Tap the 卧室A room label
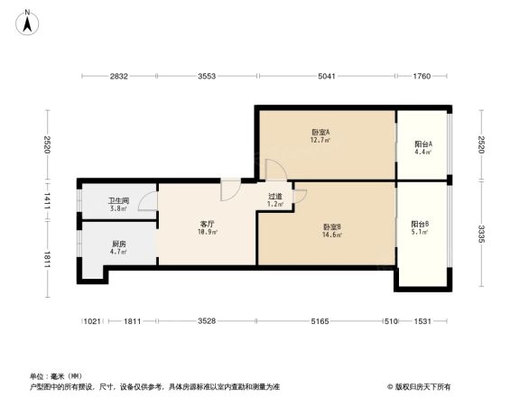click(x=320, y=132)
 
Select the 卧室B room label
click(x=331, y=226)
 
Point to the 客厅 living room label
click(x=207, y=223)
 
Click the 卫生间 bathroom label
click(x=118, y=201)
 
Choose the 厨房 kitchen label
click(x=118, y=244)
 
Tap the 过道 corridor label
click(x=275, y=196)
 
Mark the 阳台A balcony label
click(x=422, y=143)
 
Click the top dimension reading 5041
click(x=327, y=77)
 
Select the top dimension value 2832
click(x=120, y=77)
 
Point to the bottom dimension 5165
click(x=327, y=320)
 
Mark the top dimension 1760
click(x=422, y=77)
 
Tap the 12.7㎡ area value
click(x=320, y=140)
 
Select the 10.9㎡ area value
click(x=207, y=232)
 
